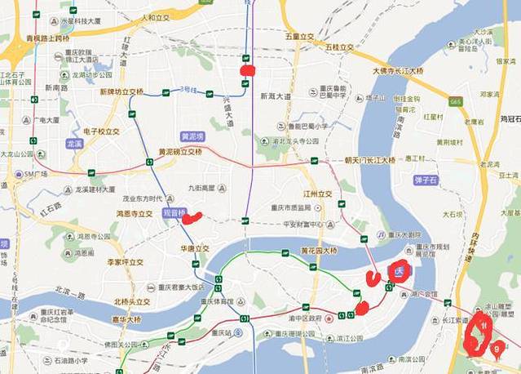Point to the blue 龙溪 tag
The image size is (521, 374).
pyautogui.click(x=76, y=143)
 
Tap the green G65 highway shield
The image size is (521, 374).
pyautogui.click(x=455, y=101)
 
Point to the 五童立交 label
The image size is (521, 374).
pyautogui.click(x=299, y=37)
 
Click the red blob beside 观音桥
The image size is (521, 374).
pyautogui.click(x=192, y=217)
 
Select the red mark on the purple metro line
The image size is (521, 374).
pyautogui.click(x=248, y=70)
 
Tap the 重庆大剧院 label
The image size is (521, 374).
pyautogui.click(x=404, y=235)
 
